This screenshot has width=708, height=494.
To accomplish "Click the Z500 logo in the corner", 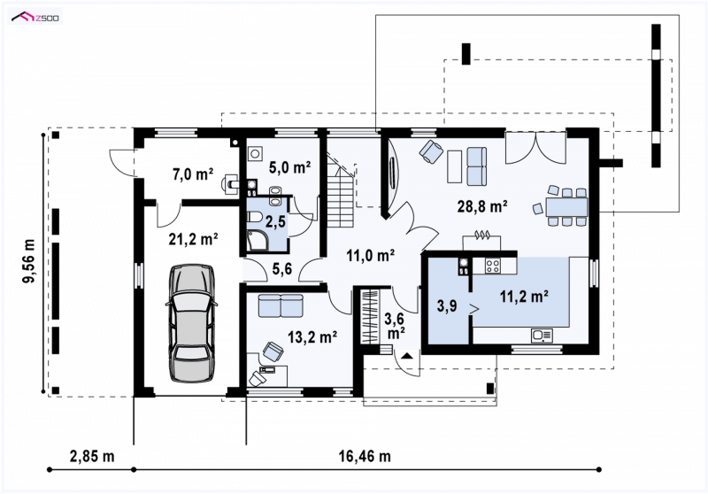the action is pos(35,18).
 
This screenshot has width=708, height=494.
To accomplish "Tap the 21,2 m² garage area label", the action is pos(193,239).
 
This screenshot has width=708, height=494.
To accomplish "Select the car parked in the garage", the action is pos(191,323).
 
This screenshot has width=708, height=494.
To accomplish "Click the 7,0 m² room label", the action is pos(193,174).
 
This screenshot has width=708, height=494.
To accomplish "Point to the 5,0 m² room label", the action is pos(289,167).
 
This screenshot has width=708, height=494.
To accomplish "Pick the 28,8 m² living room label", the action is pos(482,206).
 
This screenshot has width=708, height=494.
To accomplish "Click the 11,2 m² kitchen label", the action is pos(524,297).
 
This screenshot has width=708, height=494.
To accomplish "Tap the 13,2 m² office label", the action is pos(312,336).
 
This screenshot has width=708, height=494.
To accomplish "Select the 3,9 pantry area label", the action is pos(447,306).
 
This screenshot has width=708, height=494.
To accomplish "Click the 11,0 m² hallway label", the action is pos(371,256).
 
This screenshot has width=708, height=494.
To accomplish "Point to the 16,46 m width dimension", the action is pos(365,456).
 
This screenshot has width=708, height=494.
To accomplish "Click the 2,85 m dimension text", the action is pos(92,456).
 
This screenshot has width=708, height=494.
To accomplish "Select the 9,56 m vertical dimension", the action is pos(30,260).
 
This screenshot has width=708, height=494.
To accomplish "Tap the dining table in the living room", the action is pos(566,207).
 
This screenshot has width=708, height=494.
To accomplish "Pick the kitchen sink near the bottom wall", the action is pos(542,336).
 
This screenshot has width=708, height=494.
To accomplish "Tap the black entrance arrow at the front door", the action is pos(407,356).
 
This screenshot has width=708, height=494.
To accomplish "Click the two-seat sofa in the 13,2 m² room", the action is pos(281,305).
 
